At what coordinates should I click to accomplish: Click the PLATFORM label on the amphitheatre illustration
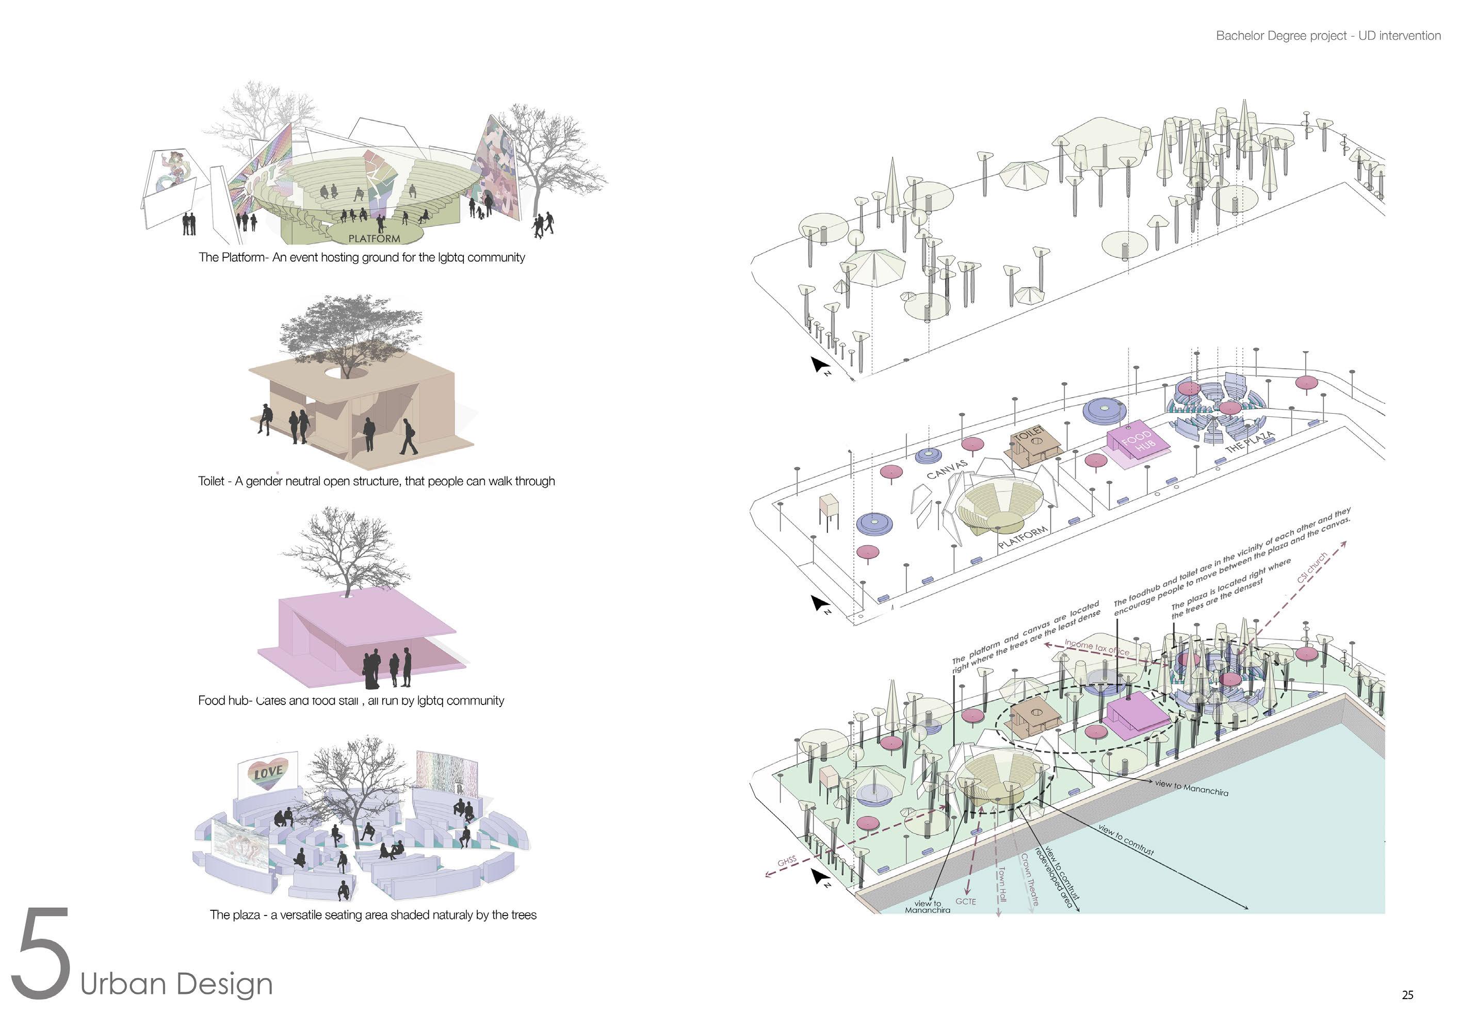pyautogui.click(x=375, y=238)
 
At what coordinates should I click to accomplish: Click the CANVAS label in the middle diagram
pyautogui.click(x=947, y=469)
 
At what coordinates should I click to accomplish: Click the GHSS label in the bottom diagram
pyautogui.click(x=787, y=862)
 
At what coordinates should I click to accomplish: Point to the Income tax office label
pyautogui.click(x=1097, y=648)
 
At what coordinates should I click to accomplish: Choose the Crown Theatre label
pyautogui.click(x=1029, y=879)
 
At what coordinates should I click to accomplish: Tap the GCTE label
pyautogui.click(x=965, y=902)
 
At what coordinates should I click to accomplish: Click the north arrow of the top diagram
pyautogui.click(x=819, y=365)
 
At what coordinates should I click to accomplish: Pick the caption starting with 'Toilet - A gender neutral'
pyautogui.click(x=376, y=481)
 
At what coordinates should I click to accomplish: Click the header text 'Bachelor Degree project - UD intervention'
pyautogui.click(x=1328, y=36)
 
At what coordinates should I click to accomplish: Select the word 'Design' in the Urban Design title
pyautogui.click(x=224, y=984)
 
